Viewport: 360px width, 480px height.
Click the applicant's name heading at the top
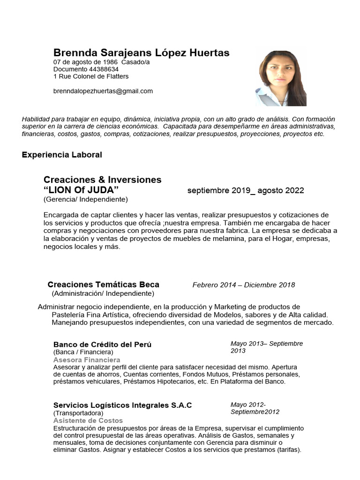(x=141, y=53)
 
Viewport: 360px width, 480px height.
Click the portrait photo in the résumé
(x=281, y=78)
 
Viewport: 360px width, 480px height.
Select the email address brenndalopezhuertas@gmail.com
(x=103, y=91)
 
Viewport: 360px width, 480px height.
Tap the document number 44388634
(x=86, y=69)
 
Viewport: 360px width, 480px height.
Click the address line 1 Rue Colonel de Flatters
(x=91, y=76)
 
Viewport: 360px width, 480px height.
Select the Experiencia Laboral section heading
(x=62, y=155)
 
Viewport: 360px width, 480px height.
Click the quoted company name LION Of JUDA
(x=81, y=190)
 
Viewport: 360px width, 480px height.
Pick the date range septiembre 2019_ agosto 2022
(x=245, y=190)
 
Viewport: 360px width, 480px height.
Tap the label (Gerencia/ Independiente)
(x=85, y=199)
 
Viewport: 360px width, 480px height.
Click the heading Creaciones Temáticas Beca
(x=103, y=285)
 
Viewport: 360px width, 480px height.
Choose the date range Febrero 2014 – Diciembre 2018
(x=243, y=285)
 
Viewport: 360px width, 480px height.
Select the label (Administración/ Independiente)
(x=103, y=293)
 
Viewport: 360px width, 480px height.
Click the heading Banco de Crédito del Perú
(x=102, y=345)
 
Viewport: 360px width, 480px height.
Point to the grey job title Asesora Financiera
(x=87, y=360)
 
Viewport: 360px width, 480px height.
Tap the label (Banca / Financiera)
(x=83, y=352)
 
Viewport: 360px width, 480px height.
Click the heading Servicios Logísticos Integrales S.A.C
(x=122, y=405)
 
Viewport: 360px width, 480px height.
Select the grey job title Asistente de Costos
(x=88, y=420)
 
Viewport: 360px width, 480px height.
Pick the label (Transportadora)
(x=78, y=413)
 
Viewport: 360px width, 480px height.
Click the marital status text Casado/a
(x=135, y=62)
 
